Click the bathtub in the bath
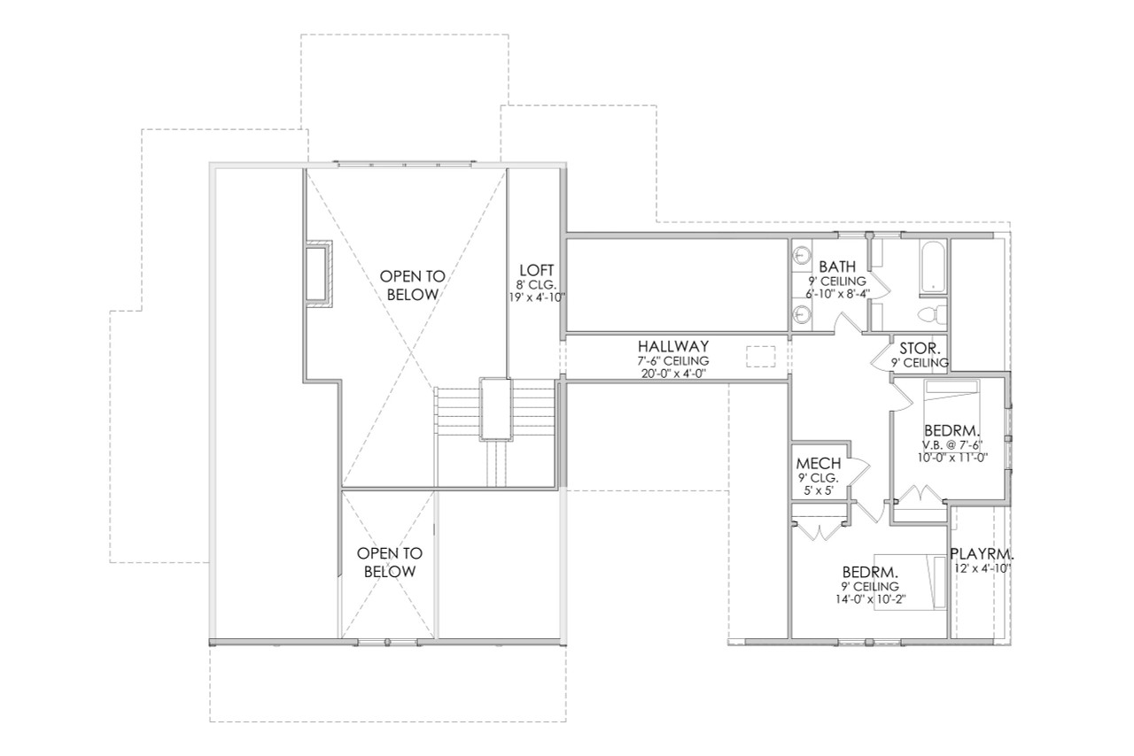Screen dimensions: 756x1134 (x=933, y=266)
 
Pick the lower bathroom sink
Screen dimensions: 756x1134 (x=802, y=314)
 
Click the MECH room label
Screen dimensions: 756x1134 (x=818, y=463)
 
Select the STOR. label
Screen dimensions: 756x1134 (x=920, y=347)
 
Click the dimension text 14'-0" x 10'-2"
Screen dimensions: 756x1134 (x=871, y=599)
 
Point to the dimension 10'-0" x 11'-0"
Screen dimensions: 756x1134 (x=951, y=458)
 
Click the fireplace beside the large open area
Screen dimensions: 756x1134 (x=316, y=274)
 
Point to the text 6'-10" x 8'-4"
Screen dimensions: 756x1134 (x=836, y=293)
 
